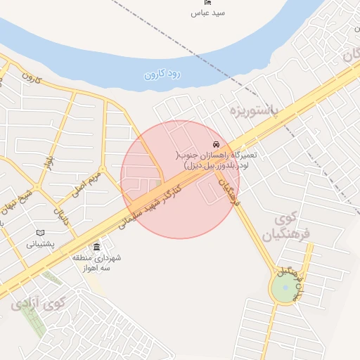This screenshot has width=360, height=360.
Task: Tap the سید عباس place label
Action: [210, 13]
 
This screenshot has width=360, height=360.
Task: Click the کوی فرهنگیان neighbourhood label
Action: [285, 229]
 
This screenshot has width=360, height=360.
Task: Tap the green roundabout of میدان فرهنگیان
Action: [284, 288]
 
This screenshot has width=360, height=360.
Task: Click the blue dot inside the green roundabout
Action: [284, 287]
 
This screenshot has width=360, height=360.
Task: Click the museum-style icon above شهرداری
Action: [96, 247]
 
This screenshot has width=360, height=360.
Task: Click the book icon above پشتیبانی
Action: [40, 233]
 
